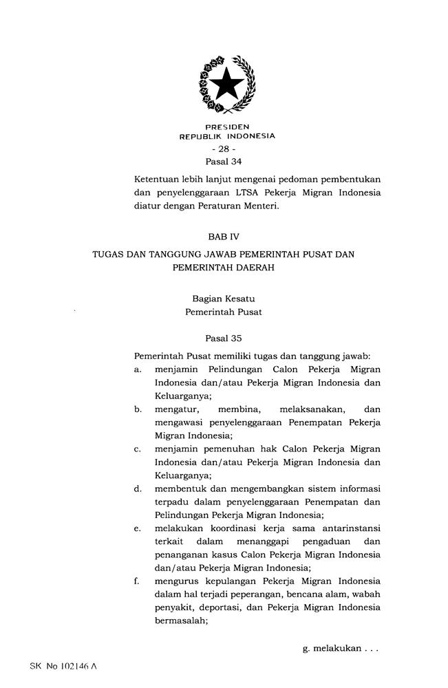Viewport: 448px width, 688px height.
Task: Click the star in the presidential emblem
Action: pyautogui.click(x=226, y=85)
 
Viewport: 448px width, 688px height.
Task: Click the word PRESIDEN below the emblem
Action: pyautogui.click(x=227, y=127)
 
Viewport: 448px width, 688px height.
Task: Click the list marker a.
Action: pyautogui.click(x=138, y=369)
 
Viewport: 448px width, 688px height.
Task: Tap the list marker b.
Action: pyautogui.click(x=138, y=409)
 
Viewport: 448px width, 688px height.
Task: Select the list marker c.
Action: pyautogui.click(x=138, y=449)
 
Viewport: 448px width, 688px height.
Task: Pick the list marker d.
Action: pyautogui.click(x=138, y=488)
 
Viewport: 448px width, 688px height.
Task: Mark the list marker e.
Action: pyautogui.click(x=138, y=528)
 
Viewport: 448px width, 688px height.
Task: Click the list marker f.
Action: pyautogui.click(x=138, y=581)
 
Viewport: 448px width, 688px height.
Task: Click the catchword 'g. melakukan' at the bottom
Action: pyautogui.click(x=340, y=648)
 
